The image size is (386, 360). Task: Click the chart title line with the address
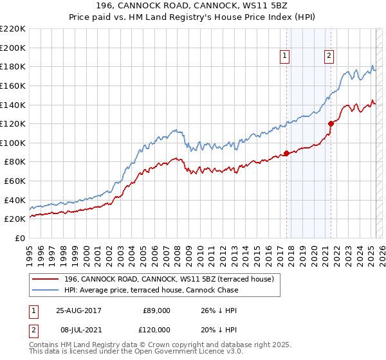coord(193,6)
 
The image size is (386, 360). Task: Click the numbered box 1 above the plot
coord(284,56)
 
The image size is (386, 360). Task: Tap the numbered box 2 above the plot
coord(329,56)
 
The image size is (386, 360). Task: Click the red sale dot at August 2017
coord(287,153)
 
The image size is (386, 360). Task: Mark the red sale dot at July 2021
coord(331,123)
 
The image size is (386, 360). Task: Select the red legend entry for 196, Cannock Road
coord(169,279)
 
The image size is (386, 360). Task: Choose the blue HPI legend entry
coord(151,290)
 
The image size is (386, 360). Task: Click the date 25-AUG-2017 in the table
coord(80,310)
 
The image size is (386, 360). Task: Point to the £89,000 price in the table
coord(156,310)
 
